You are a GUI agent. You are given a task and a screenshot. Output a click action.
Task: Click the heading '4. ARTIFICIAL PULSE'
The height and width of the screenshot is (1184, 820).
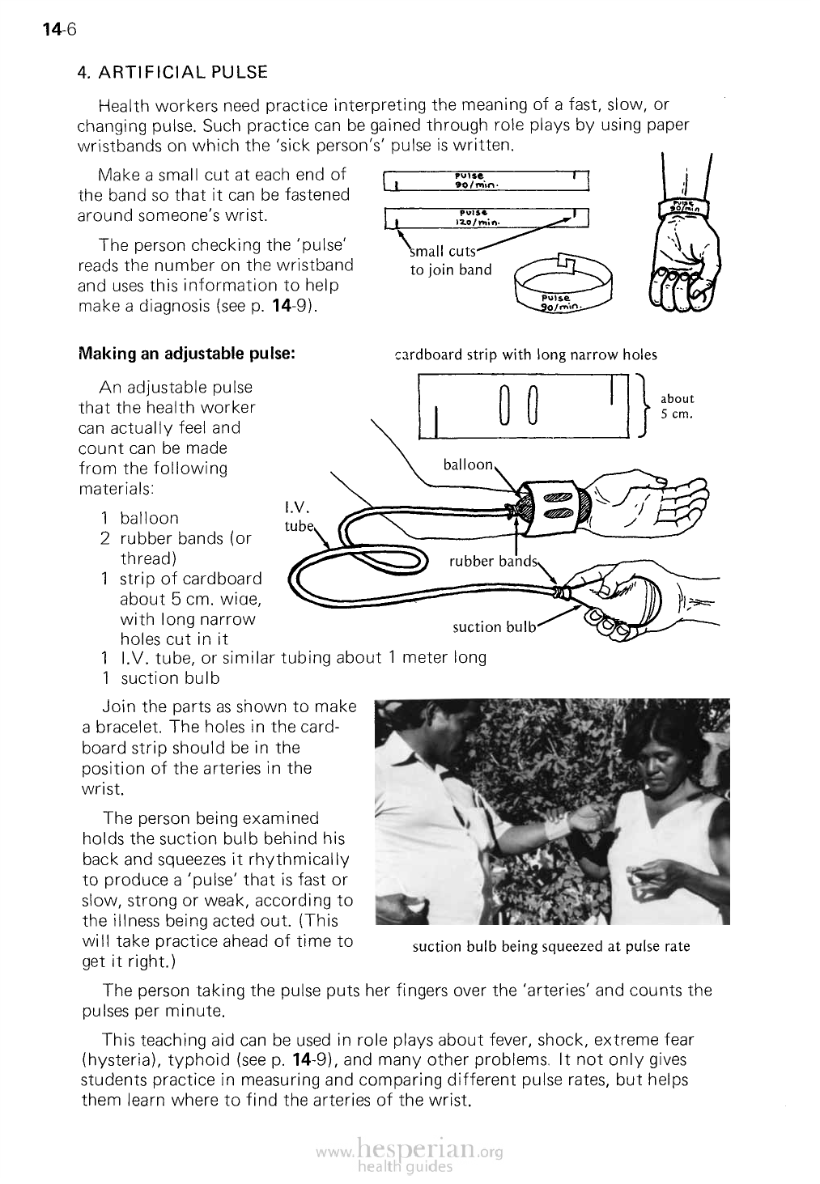coord(172,72)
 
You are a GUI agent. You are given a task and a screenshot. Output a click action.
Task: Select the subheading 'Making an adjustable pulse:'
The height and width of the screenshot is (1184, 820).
coord(186,354)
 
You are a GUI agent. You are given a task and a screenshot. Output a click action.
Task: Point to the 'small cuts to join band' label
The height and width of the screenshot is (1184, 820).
coord(450,261)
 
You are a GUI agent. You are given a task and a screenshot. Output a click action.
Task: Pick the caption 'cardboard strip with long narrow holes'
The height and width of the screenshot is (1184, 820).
coord(525,354)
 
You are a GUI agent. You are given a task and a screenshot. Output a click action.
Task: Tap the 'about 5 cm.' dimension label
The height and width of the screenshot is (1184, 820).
coord(678,405)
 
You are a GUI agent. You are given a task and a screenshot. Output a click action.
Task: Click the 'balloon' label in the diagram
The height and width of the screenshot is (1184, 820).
coord(468,465)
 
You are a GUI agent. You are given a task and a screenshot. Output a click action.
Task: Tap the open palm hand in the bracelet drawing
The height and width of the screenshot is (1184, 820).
coord(648,501)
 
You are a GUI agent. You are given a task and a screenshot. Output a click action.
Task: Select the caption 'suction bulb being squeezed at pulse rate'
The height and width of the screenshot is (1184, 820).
coord(550,946)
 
